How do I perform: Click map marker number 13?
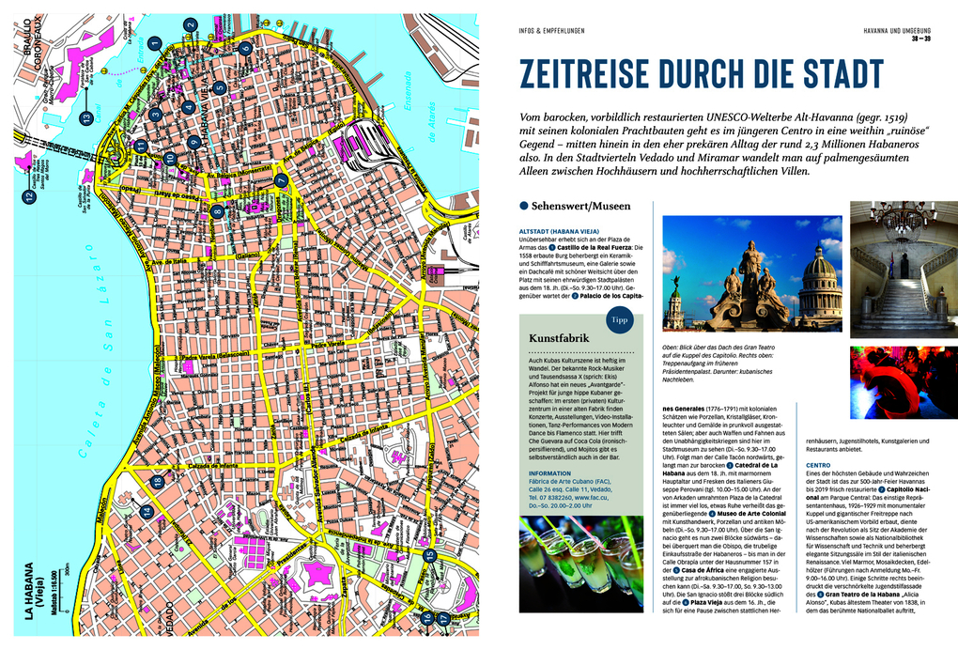pos(85,117)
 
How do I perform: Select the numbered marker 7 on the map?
pos(281,180)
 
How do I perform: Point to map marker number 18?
pos(158,482)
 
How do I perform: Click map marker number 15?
pos(429,581)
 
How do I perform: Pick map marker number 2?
pos(191,25)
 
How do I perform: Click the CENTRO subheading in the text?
pos(817,465)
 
